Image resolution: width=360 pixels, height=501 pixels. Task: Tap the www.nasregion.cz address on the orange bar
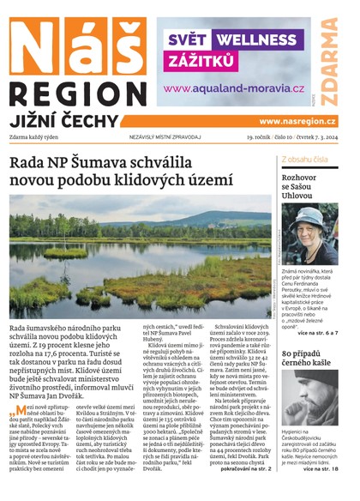pos(297,121)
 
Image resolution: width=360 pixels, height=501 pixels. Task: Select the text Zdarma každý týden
pos(39,137)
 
